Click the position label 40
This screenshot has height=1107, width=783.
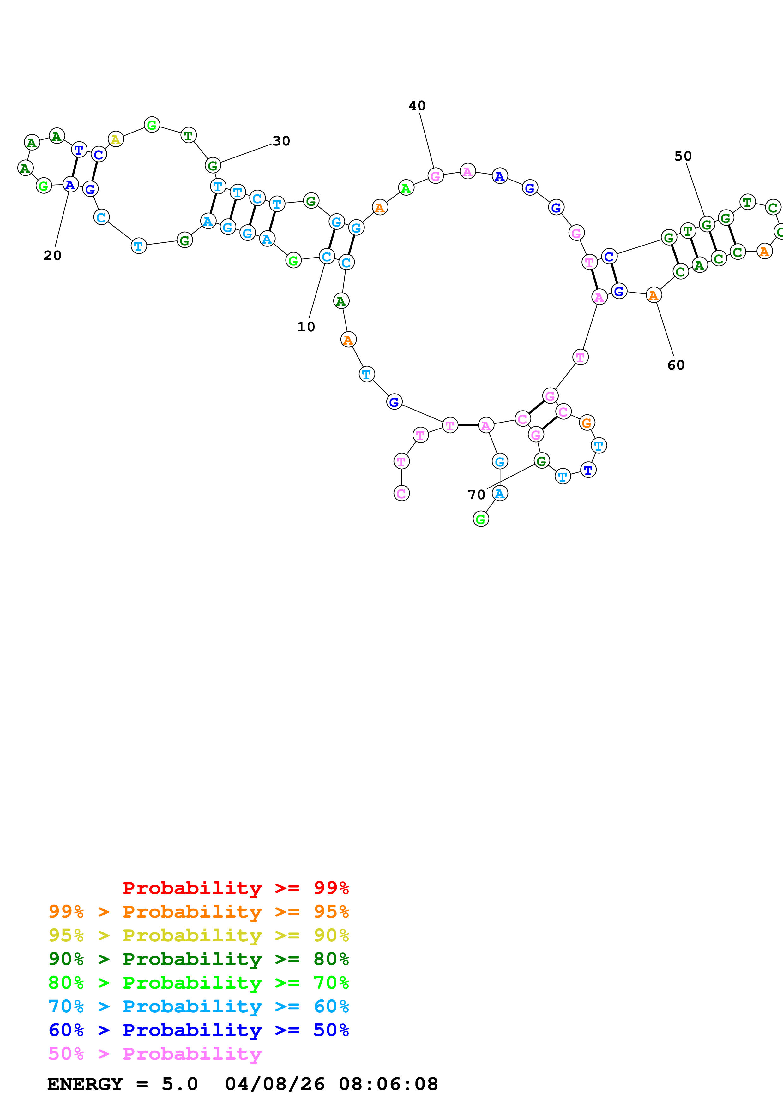pyautogui.click(x=417, y=106)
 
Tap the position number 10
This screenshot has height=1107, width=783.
pyautogui.click(x=306, y=327)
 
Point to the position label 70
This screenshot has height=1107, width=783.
pyautogui.click(x=476, y=495)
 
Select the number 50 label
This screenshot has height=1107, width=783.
pyautogui.click(x=683, y=156)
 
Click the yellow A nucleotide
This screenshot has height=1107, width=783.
pyautogui.click(x=115, y=140)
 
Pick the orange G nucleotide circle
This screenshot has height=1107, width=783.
pyautogui.click(x=587, y=423)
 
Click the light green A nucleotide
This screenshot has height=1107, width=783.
pyautogui.click(x=406, y=188)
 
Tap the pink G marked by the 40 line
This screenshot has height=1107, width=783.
pyautogui.click(x=435, y=176)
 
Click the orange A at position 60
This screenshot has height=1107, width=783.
pyautogui.click(x=653, y=295)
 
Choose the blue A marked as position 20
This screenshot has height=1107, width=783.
pyautogui.click(x=70, y=185)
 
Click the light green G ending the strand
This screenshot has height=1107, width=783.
pyautogui.click(x=480, y=519)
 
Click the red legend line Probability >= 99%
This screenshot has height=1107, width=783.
pyautogui.click(x=235, y=888)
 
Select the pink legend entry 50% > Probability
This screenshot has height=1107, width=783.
pyautogui.click(x=155, y=1054)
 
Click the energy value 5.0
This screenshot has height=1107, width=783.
pyautogui.click(x=179, y=1084)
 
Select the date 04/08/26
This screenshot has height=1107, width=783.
pyautogui.click(x=274, y=1084)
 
